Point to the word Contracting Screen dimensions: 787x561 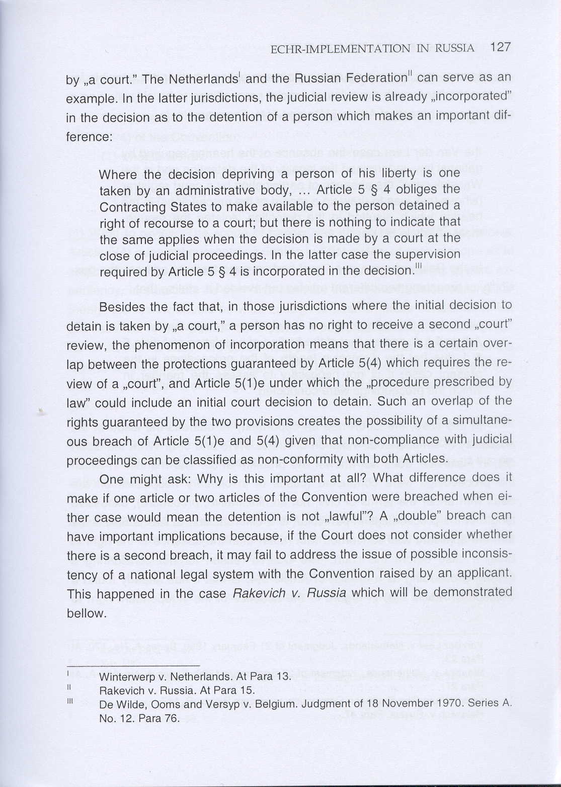click(x=133, y=207)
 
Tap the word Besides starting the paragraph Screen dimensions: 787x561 click(x=121, y=307)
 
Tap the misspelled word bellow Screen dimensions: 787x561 click(x=86, y=613)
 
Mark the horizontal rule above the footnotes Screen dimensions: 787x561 click(x=133, y=665)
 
